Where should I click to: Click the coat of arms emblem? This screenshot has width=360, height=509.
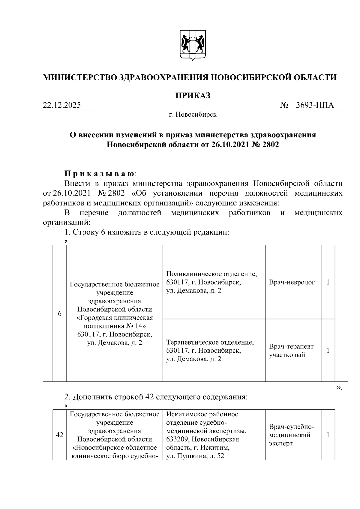[193, 45]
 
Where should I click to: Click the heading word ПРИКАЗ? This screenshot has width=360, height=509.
[193, 96]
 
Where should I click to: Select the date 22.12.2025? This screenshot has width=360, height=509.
[62, 105]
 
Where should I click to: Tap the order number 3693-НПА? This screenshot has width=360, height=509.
[315, 105]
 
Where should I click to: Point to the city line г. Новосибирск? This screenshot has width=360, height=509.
[192, 115]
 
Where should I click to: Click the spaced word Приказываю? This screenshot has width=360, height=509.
[100, 174]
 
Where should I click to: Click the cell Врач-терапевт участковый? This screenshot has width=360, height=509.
[291, 351]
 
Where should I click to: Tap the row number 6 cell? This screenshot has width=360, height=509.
[60, 314]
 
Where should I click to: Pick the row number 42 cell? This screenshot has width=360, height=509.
[60, 435]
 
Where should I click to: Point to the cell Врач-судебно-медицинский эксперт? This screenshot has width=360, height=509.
[291, 435]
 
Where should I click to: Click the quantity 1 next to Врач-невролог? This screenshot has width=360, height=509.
[328, 282]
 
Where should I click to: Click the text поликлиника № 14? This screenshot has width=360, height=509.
[114, 326]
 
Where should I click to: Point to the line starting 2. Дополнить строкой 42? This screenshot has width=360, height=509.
[156, 397]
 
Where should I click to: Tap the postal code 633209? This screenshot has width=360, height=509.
[178, 439]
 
